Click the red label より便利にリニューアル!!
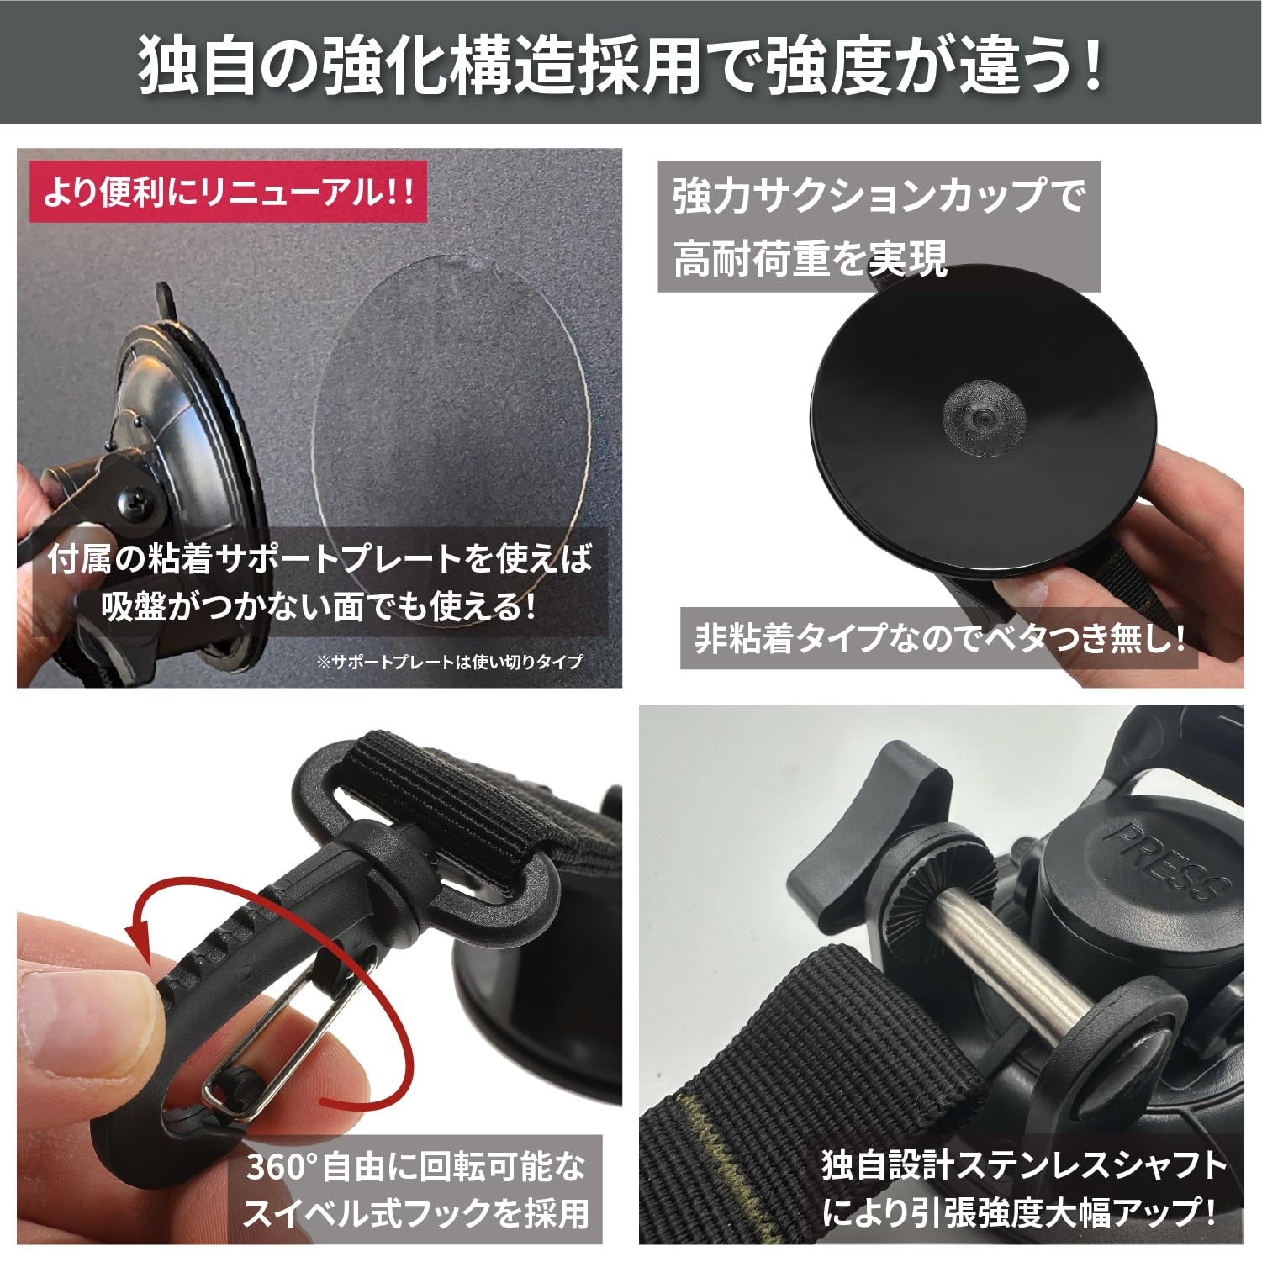click(x=228, y=194)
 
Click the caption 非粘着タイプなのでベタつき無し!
click(x=939, y=639)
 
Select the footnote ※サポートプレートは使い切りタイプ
click(x=449, y=662)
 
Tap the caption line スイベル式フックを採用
click(x=415, y=1213)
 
